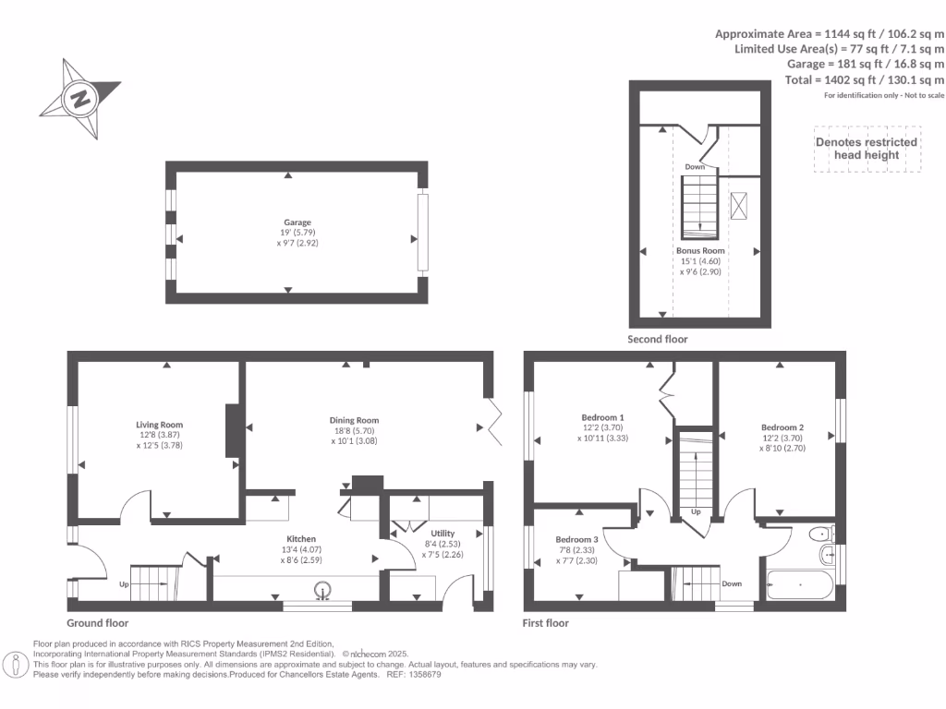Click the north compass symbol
click(x=80, y=99)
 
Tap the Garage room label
click(x=297, y=222)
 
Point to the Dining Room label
click(x=355, y=420)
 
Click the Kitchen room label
click(x=301, y=538)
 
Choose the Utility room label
click(x=443, y=534)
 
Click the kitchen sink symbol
click(x=323, y=589)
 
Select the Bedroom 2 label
click(x=782, y=427)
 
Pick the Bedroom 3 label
click(x=576, y=539)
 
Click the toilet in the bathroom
click(x=819, y=534)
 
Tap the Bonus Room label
click(x=699, y=250)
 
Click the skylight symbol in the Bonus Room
click(x=740, y=206)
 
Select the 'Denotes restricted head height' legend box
click(x=867, y=149)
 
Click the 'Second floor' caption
click(x=658, y=339)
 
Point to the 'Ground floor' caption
click(x=97, y=623)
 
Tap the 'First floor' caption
click(x=546, y=623)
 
